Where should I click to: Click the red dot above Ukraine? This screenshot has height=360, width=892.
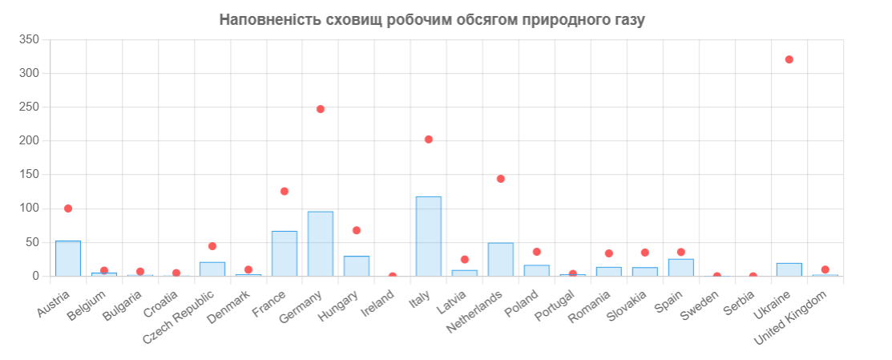pyautogui.click(x=789, y=59)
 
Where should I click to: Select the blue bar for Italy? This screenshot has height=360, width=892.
pyautogui.click(x=429, y=237)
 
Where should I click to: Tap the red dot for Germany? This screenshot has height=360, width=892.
pyautogui.click(x=321, y=109)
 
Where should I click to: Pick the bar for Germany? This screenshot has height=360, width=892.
pyautogui.click(x=321, y=244)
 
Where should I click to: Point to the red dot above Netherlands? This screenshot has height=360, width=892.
pyautogui.click(x=501, y=179)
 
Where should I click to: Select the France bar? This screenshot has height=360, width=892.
pyautogui.click(x=285, y=253)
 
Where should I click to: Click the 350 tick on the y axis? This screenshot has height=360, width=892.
pyautogui.click(x=30, y=39)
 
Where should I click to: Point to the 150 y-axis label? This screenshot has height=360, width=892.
pyautogui.click(x=30, y=175)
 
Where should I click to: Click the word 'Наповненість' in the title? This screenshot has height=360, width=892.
pyautogui.click(x=270, y=19)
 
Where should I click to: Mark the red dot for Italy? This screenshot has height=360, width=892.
pyautogui.click(x=429, y=140)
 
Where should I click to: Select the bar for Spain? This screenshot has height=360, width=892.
pyautogui.click(x=681, y=268)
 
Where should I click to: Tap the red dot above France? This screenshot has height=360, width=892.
pyautogui.click(x=285, y=192)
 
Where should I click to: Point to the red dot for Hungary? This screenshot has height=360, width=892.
pyautogui.click(x=357, y=230)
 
